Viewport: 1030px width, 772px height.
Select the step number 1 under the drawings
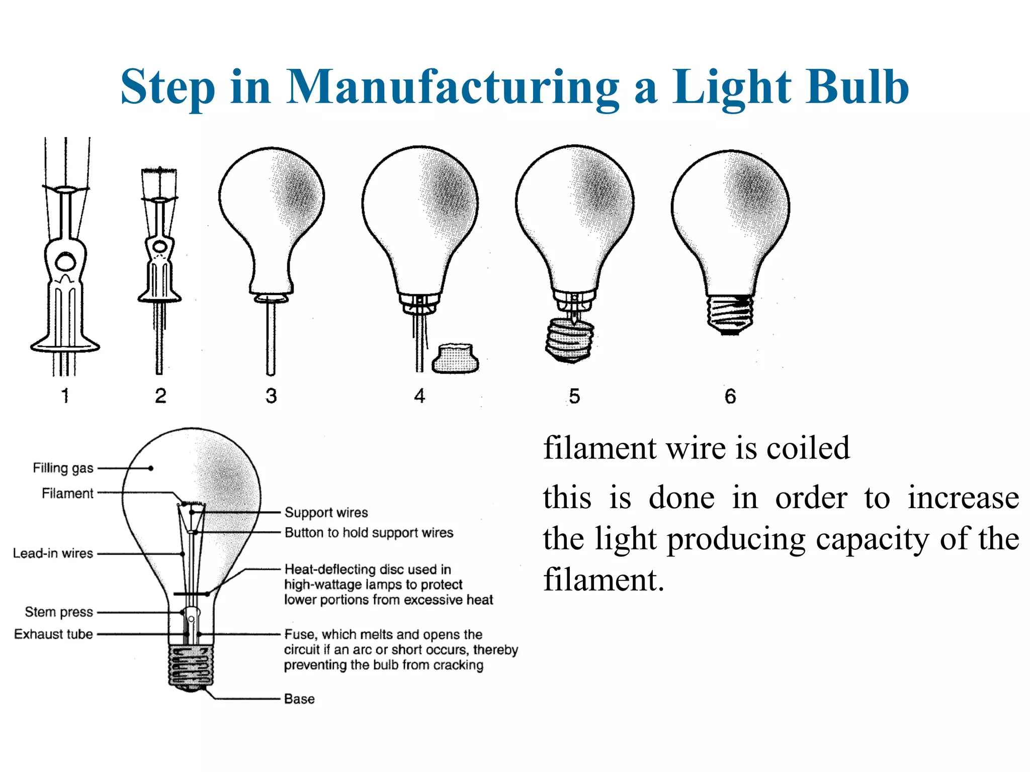tap(65, 396)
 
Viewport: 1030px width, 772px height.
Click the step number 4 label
tap(419, 396)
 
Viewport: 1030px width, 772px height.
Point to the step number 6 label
tap(730, 396)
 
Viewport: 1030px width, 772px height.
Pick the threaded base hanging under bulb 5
tap(570, 340)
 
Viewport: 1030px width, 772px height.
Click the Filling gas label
tap(63, 468)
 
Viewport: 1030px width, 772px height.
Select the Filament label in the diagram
tap(67, 493)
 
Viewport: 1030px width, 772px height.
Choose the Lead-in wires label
tap(53, 553)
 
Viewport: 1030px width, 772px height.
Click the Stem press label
tap(59, 612)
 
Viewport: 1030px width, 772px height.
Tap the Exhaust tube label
tap(53, 634)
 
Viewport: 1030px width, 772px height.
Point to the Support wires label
tap(326, 512)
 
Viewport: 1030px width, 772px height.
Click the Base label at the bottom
tap(299, 699)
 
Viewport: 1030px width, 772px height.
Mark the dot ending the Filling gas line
tap(151, 468)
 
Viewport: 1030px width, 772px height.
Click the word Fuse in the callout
tap(300, 634)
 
